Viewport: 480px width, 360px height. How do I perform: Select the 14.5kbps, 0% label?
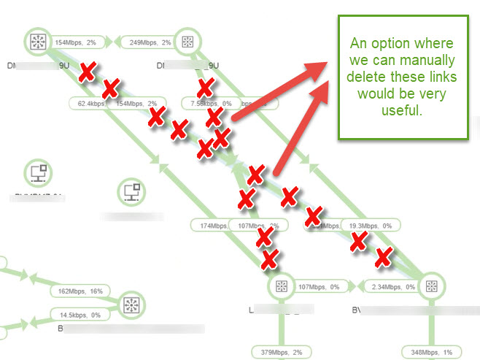[80, 315]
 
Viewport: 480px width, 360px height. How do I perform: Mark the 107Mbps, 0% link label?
[319, 287]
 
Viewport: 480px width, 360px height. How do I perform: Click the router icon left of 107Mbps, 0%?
[279, 287]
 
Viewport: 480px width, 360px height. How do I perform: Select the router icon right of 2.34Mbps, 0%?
[430, 287]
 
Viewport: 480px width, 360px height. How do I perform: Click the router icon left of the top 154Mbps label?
[34, 42]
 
